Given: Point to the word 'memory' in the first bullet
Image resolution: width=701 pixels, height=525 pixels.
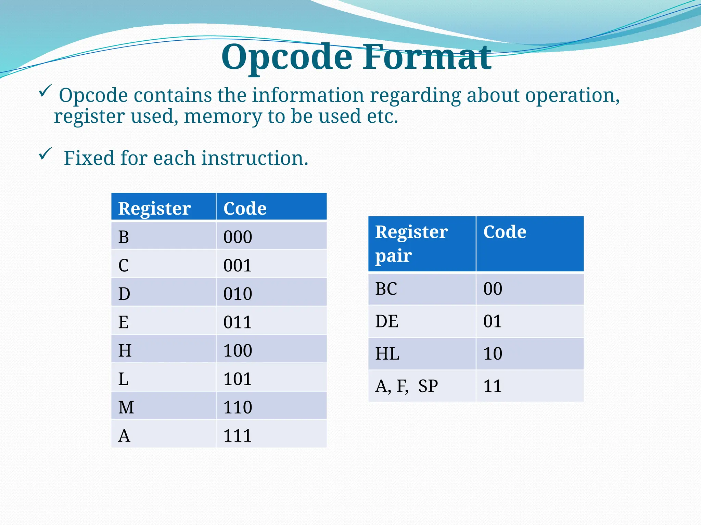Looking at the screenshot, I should click(223, 117).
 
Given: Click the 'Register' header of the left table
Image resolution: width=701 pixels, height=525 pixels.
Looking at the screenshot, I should click(154, 208).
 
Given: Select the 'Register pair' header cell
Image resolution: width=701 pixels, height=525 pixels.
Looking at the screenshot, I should click(411, 243).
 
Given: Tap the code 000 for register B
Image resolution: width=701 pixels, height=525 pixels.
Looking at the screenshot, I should click(238, 237).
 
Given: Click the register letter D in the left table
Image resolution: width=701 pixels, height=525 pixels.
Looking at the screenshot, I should click(124, 294).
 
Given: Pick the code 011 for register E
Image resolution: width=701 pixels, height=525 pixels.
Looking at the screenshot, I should click(238, 322).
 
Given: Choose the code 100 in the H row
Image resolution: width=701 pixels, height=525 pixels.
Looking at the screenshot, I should click(238, 350).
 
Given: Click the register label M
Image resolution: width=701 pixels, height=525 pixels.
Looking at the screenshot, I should click(126, 407).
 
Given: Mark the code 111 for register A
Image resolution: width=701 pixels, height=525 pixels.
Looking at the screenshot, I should click(238, 435).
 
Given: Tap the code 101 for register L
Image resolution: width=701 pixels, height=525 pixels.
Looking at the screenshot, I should click(238, 379).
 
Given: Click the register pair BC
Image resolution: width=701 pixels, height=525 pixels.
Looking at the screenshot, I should click(386, 289).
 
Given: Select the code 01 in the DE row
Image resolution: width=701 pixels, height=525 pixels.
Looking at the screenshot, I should click(493, 321).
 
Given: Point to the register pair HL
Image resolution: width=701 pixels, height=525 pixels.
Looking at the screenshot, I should click(387, 354).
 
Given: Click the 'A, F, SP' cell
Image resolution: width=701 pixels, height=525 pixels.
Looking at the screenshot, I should click(406, 386).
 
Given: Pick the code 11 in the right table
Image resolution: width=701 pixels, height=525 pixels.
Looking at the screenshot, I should click(493, 386).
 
